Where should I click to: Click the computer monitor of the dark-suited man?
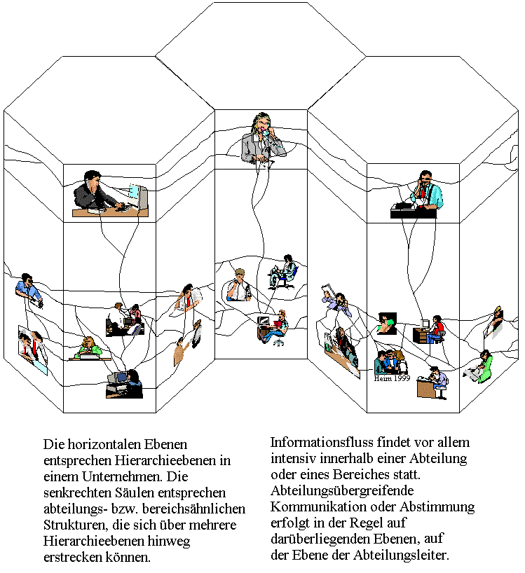point(139,197)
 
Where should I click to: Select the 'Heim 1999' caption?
point(392,378)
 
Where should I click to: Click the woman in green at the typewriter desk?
point(89,348)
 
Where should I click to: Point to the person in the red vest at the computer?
point(437,329)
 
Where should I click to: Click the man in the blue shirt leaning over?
point(29,289)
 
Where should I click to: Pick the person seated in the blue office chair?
point(283,271)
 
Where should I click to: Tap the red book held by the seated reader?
point(278,323)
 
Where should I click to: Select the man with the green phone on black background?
point(387,323)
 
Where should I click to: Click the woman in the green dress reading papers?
point(479,366)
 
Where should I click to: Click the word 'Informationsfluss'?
point(321,442)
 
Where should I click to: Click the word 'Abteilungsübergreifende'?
point(342,490)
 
